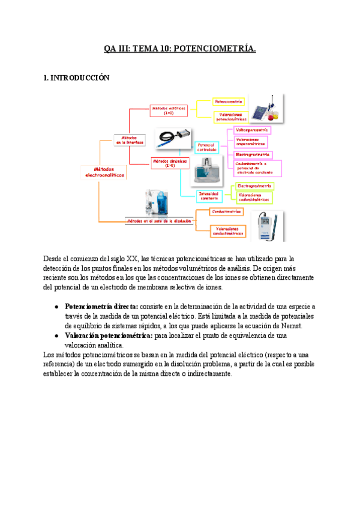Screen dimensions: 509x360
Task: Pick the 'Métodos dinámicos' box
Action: click(x=170, y=162)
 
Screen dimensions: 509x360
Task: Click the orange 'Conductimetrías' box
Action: click(x=226, y=211)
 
